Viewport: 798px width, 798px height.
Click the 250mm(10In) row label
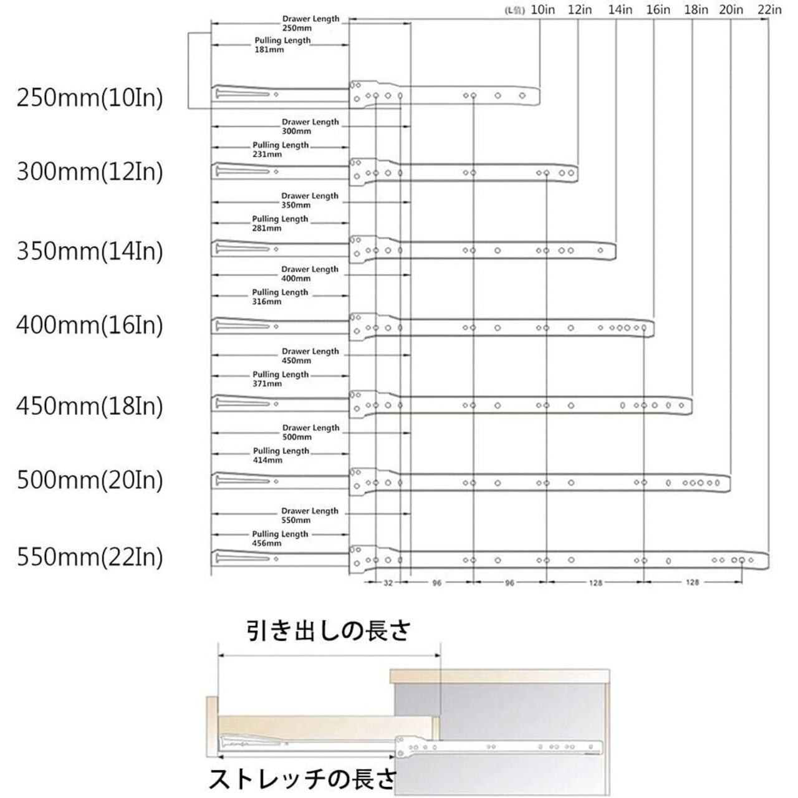[x=90, y=98]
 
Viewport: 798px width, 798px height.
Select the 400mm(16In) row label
[x=90, y=325]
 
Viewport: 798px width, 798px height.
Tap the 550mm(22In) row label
[x=90, y=557]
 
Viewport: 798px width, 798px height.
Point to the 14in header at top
[x=620, y=9]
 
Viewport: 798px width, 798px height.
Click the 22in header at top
[x=770, y=9]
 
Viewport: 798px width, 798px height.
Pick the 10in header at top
[x=543, y=9]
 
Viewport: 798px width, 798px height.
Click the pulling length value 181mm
[x=269, y=50]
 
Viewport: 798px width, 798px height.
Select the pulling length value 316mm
[x=267, y=302]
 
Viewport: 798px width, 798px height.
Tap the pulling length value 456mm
[x=267, y=544]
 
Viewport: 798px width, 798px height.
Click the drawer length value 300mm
[x=296, y=132]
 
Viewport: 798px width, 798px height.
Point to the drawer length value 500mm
[x=297, y=437]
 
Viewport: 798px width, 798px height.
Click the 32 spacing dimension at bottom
[x=388, y=583]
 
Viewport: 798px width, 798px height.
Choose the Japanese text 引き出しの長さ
[x=329, y=632]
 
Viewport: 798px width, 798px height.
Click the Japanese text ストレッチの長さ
[x=302, y=779]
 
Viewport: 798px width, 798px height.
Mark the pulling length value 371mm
[x=267, y=384]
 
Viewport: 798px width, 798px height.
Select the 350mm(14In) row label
[x=90, y=251]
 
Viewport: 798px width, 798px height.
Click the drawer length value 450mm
[x=296, y=360]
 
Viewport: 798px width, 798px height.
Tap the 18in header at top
[x=696, y=9]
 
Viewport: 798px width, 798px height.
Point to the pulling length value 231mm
[x=267, y=154]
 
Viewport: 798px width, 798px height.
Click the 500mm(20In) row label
[x=90, y=481]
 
